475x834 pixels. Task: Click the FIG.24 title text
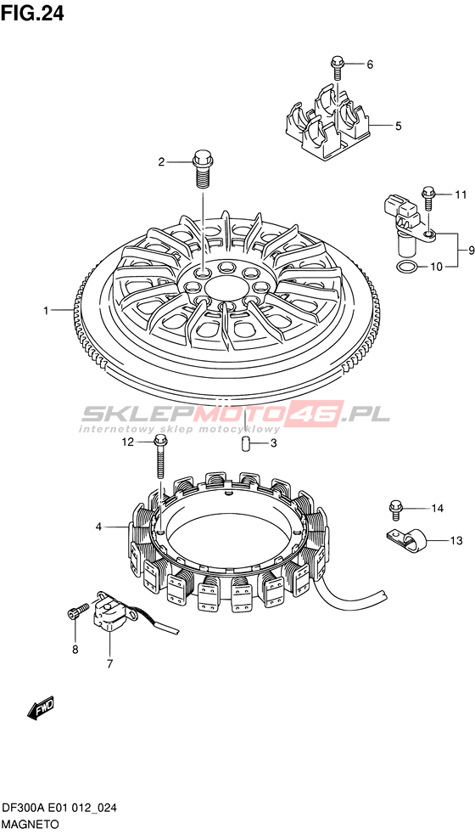pos(32,14)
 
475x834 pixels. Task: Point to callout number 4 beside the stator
pos(98,527)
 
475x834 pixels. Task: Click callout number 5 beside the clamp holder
pos(399,126)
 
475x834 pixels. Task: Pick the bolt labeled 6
pos(338,69)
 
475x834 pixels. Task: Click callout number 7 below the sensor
pos(109,664)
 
